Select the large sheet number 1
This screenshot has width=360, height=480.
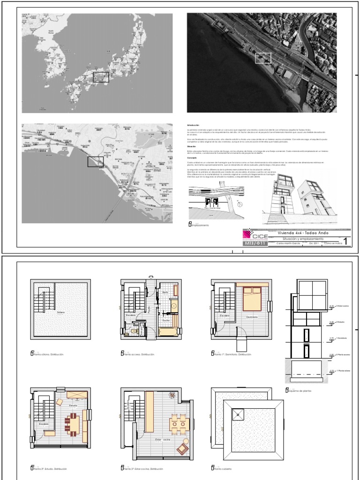[x=346, y=241]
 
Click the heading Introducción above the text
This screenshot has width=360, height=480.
[x=193, y=126]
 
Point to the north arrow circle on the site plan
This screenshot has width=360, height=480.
[x=239, y=204]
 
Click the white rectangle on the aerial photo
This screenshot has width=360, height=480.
[x=263, y=58]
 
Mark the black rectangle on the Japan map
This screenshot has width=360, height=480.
[x=101, y=77]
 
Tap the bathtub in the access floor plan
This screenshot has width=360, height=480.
[x=167, y=332]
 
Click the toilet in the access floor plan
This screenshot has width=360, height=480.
[x=134, y=331]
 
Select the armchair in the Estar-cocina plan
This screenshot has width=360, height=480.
[x=182, y=449]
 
